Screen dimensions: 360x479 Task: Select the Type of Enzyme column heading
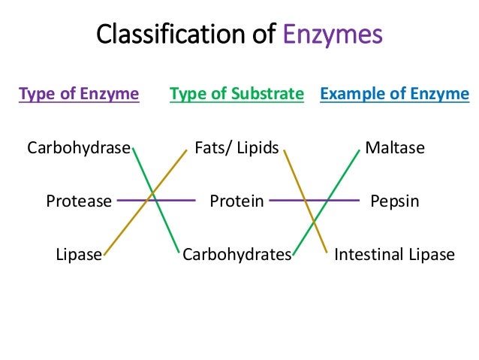(x=79, y=94)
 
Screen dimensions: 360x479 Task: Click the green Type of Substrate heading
(x=236, y=94)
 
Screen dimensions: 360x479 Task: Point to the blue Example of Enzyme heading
(x=395, y=94)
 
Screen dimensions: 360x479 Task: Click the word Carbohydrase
(x=79, y=148)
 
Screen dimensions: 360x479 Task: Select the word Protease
(x=79, y=201)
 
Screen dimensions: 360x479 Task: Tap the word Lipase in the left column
(x=79, y=254)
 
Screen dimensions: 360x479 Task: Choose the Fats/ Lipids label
(x=236, y=148)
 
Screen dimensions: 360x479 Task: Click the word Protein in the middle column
(x=236, y=201)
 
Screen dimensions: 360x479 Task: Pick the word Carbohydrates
(x=236, y=254)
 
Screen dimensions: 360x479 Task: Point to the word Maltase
(x=395, y=148)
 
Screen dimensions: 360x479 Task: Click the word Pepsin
(x=395, y=201)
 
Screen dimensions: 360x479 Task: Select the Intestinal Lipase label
(x=395, y=254)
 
